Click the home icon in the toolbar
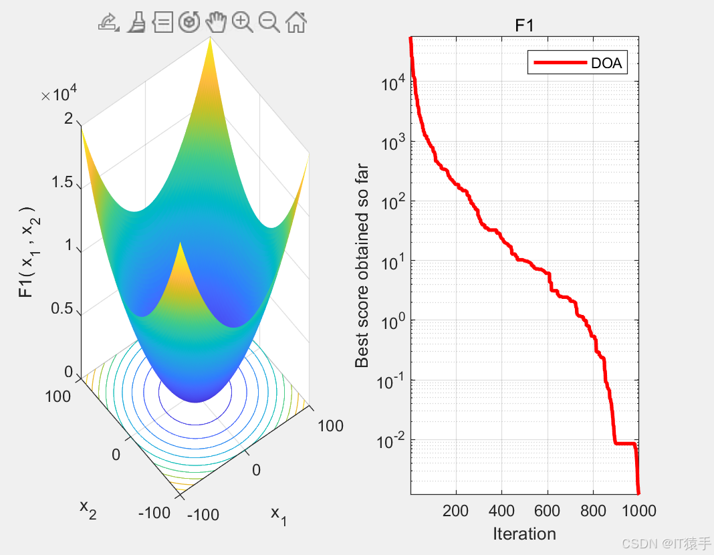coord(296,23)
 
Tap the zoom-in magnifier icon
coord(242,23)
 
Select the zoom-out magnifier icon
coord(269,23)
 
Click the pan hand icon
coord(215,23)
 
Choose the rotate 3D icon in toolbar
coord(189,23)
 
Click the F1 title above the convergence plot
coord(524,26)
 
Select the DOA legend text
coord(606,64)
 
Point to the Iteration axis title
coord(524,534)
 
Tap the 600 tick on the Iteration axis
coord(548,512)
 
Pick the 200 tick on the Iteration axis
coord(455,512)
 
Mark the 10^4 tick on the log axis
coord(392,84)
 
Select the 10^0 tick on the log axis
coord(392,322)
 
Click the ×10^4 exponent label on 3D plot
coord(61,95)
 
